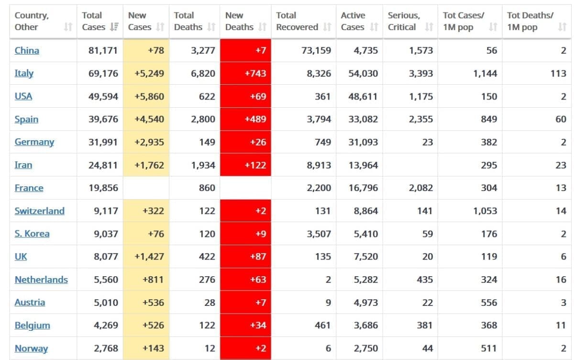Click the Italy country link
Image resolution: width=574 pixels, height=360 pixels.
point(24,73)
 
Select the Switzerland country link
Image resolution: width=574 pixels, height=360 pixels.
point(39,211)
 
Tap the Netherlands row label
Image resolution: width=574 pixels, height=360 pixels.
point(41,280)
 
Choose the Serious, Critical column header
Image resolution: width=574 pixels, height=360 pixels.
point(404,21)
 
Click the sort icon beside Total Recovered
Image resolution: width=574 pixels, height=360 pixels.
point(327,27)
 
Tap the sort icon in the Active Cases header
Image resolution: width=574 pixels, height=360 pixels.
point(374,27)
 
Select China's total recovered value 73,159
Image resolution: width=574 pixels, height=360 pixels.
point(316,50)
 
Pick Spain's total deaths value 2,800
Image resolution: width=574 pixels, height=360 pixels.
point(203,119)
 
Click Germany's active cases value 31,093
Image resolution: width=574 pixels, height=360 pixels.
point(363,142)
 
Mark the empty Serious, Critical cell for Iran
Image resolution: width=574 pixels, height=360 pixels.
point(410,165)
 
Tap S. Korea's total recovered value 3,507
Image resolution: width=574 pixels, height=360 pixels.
point(319,234)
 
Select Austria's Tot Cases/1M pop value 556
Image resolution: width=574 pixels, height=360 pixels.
point(489,303)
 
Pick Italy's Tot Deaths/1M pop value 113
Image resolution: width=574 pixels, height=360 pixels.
point(558,73)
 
